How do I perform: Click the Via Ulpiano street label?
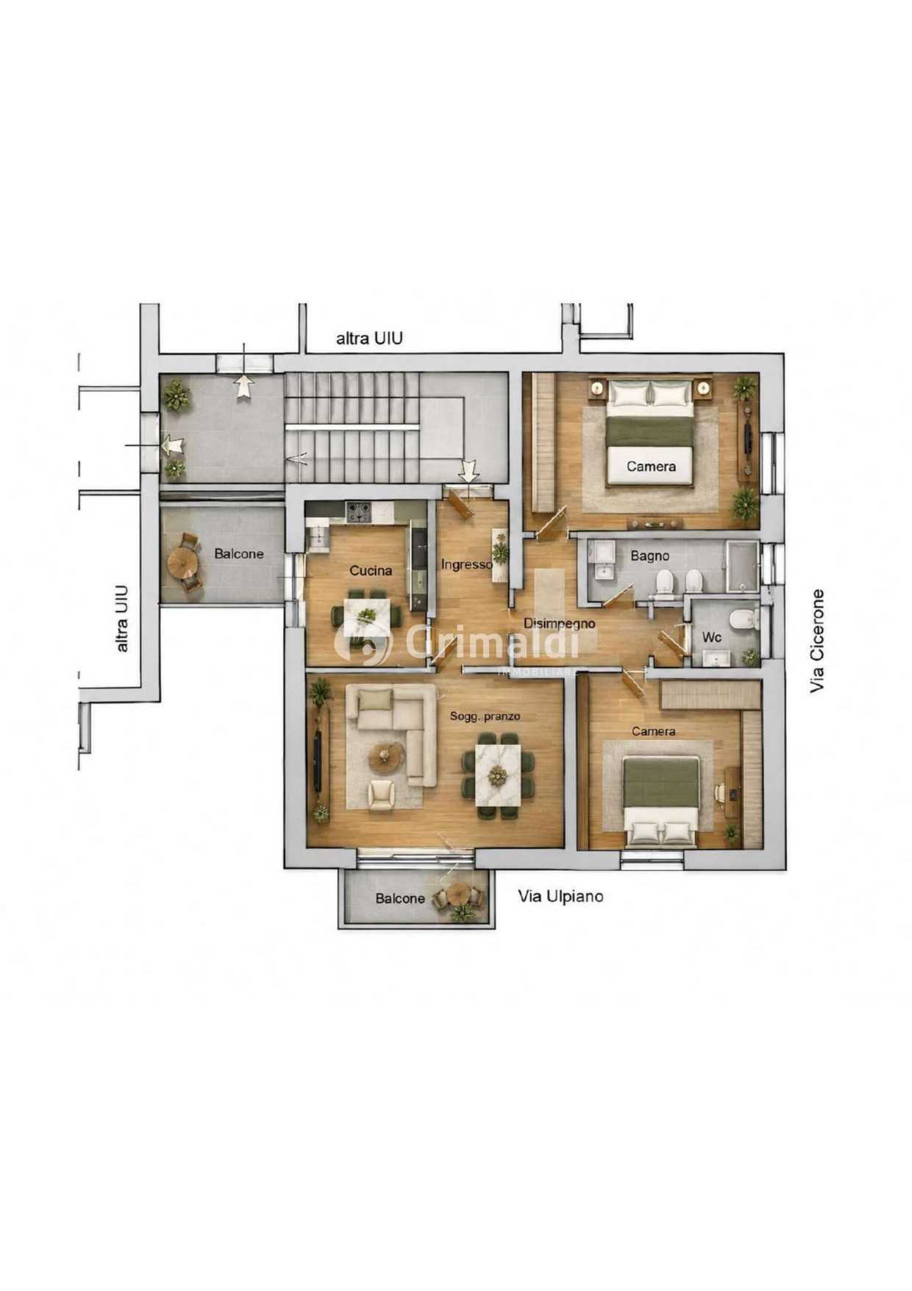coord(560,896)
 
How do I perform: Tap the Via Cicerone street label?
coord(817,641)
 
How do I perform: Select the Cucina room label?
coord(371,570)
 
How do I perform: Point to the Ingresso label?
coord(467,564)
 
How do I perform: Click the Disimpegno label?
coord(559,623)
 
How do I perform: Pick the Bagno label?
coord(649,555)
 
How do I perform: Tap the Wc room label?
coord(711,637)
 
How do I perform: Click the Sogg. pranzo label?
coord(485,716)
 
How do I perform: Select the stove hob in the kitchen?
coord(359,512)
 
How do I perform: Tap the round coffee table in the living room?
coord(385,755)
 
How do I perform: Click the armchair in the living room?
coord(381,794)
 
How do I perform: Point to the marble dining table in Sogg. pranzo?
coord(498,775)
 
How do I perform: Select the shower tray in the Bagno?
coord(742,566)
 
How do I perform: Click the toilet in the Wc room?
coord(744,618)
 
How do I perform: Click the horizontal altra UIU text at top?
coord(369,338)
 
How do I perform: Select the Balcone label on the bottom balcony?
coord(400,898)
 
